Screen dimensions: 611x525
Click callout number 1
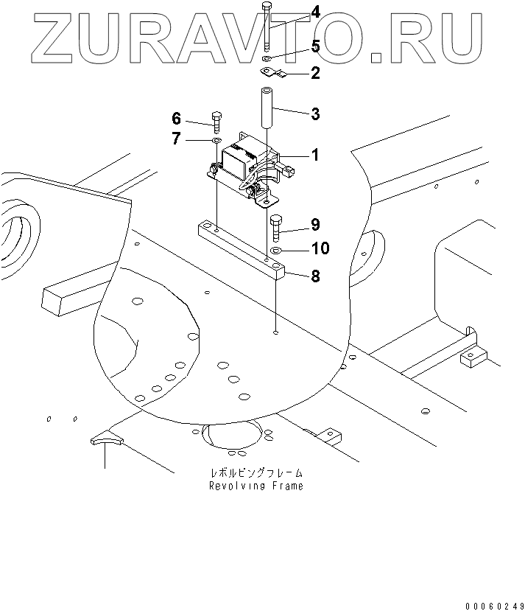click(314, 156)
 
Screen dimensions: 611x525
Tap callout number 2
click(315, 73)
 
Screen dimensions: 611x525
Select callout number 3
click(315, 114)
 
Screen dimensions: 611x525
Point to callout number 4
click(315, 13)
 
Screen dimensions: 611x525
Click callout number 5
click(315, 47)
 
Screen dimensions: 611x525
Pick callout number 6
click(177, 119)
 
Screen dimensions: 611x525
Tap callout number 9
click(315, 224)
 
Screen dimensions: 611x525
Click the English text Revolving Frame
click(256, 486)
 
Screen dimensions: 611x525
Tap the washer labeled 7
click(216, 139)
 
